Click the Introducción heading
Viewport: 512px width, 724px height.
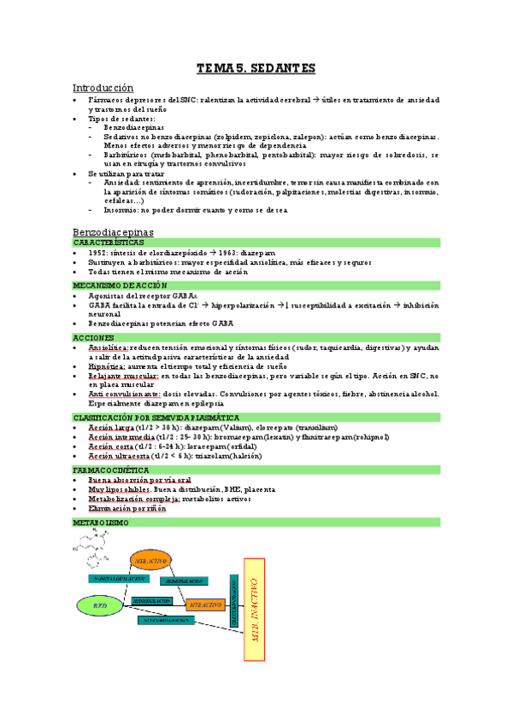coord(103,88)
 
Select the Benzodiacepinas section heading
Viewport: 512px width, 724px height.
coord(113,231)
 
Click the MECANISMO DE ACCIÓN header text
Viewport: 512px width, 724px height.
coord(119,285)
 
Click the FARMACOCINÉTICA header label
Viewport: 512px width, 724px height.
coord(111,470)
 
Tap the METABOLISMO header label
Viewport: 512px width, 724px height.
coord(101,522)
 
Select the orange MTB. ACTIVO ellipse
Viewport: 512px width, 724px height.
coord(152,560)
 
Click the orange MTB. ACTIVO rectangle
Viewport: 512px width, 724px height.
coord(206,604)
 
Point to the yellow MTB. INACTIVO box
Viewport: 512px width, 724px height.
coord(253,610)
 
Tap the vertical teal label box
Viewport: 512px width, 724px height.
coord(232,601)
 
